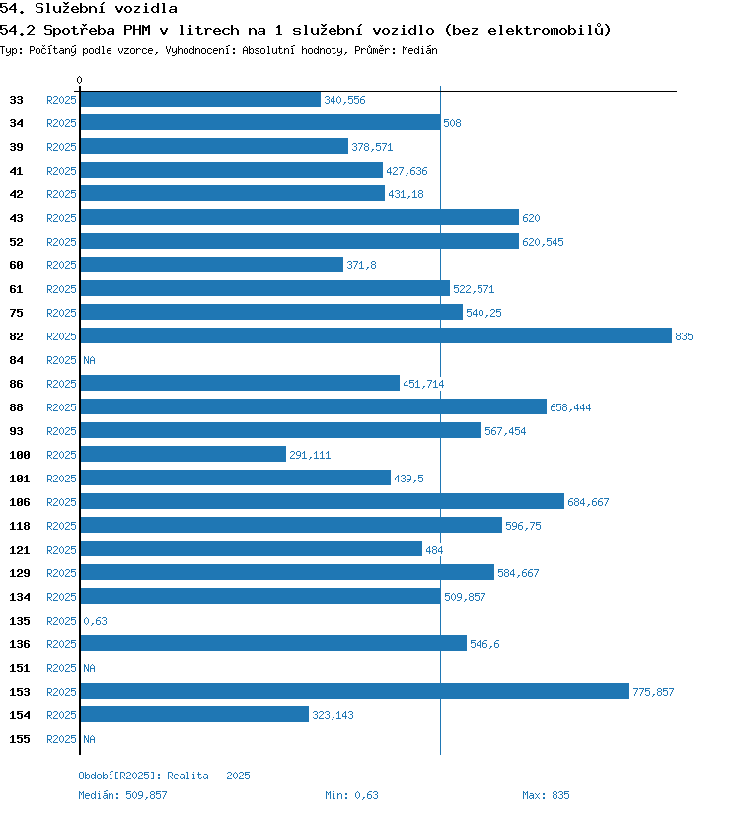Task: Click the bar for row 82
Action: click(376, 336)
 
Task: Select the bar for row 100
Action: click(184, 455)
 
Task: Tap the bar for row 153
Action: click(354, 692)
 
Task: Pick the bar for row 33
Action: click(200, 100)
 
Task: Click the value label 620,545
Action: click(543, 242)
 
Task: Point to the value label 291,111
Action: click(309, 455)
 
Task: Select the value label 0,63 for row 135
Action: click(95, 621)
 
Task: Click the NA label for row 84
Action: click(89, 360)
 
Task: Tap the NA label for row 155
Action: click(89, 739)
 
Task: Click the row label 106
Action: click(19, 502)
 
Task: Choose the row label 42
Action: click(16, 194)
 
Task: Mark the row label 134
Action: click(19, 597)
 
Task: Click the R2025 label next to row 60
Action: click(61, 265)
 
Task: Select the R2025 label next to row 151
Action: click(61, 668)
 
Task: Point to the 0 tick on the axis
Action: click(80, 80)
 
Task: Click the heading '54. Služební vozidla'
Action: click(89, 9)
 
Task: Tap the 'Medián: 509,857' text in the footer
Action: click(122, 795)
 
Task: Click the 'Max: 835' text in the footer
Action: click(546, 795)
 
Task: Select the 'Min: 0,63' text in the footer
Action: click(351, 795)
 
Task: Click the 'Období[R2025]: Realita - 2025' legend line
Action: click(164, 776)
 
